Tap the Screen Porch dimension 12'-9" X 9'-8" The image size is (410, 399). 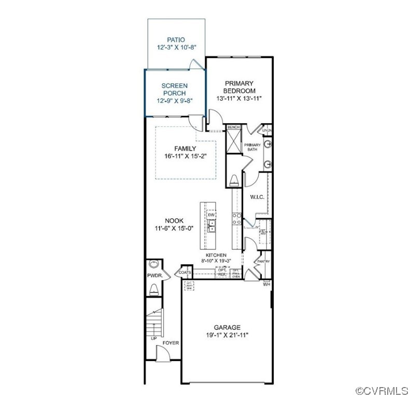[174, 101]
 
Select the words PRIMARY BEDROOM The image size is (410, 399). [239, 87]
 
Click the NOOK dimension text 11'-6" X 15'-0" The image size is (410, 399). [174, 228]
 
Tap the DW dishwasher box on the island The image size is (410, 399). [211, 215]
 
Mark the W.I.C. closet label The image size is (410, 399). [258, 197]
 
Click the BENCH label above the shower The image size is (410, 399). [233, 127]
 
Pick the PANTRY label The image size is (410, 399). [264, 261]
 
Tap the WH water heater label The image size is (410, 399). [266, 284]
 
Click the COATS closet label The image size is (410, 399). [185, 272]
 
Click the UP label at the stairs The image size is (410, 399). [153, 339]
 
